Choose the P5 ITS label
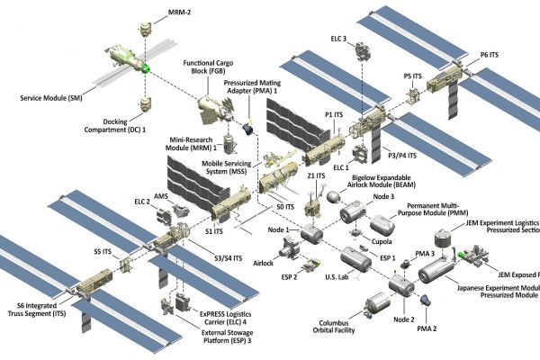tap(411, 77)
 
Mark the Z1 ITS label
tap(316, 177)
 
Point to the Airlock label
tap(262, 263)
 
